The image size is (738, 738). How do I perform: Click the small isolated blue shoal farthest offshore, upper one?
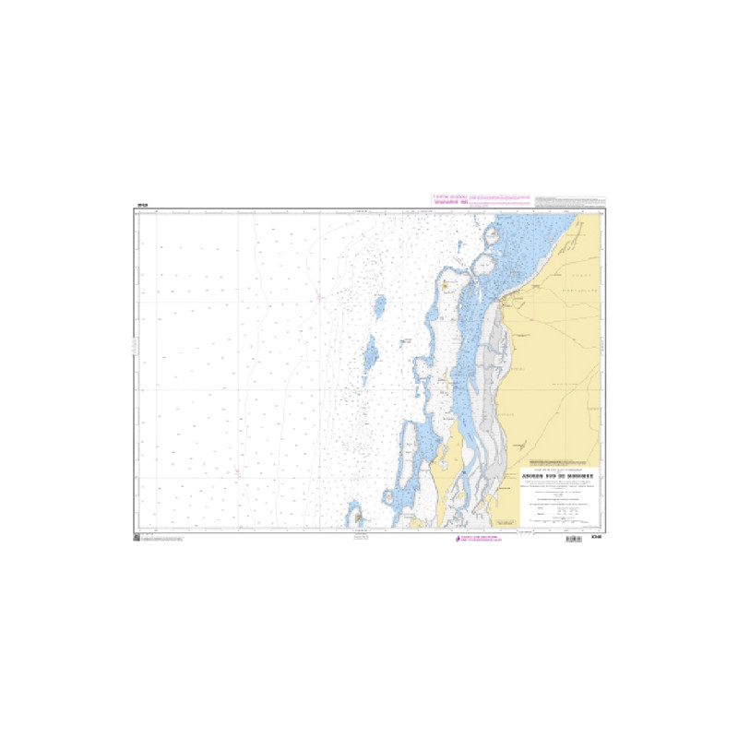coord(378,305)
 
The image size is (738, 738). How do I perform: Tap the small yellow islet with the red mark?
coord(447,286)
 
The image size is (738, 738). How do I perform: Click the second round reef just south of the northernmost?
coord(482,267)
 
